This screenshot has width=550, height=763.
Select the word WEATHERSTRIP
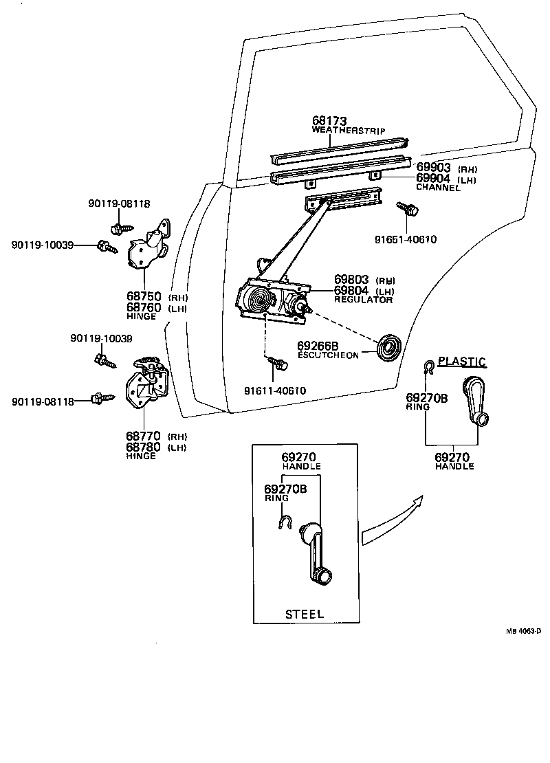pos(348,130)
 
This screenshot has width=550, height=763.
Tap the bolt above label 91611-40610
pos(277,364)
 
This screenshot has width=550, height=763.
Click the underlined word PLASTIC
pos(462,362)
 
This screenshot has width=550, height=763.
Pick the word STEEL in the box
pos(304,614)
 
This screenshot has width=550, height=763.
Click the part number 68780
pos(143,447)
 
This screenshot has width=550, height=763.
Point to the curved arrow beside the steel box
pos(392,520)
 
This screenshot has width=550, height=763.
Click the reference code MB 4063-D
pos(525,630)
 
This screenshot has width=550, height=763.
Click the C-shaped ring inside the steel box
pos(283,524)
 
